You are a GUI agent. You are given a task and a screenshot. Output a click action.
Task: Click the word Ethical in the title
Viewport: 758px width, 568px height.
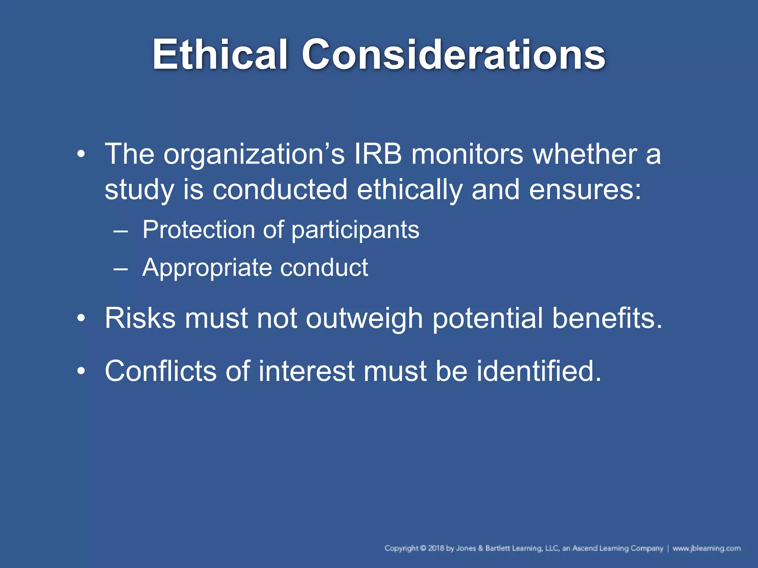tap(220, 55)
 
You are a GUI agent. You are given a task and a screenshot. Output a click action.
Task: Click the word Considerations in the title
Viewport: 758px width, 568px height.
tap(453, 55)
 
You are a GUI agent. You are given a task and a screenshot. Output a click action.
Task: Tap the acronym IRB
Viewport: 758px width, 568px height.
tap(378, 154)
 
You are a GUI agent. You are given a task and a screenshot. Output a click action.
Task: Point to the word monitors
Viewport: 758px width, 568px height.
tap(467, 154)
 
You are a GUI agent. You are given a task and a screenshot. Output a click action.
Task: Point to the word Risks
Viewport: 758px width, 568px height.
tap(140, 318)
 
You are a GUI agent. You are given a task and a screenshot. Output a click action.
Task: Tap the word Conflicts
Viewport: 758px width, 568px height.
tap(160, 371)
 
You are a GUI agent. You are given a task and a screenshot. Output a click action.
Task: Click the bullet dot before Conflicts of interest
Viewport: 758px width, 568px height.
tap(81, 371)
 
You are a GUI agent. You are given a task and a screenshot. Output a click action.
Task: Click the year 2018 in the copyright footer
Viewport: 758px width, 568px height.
tap(436, 548)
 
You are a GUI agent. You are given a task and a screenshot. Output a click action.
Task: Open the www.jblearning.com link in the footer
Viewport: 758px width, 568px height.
tap(706, 548)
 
